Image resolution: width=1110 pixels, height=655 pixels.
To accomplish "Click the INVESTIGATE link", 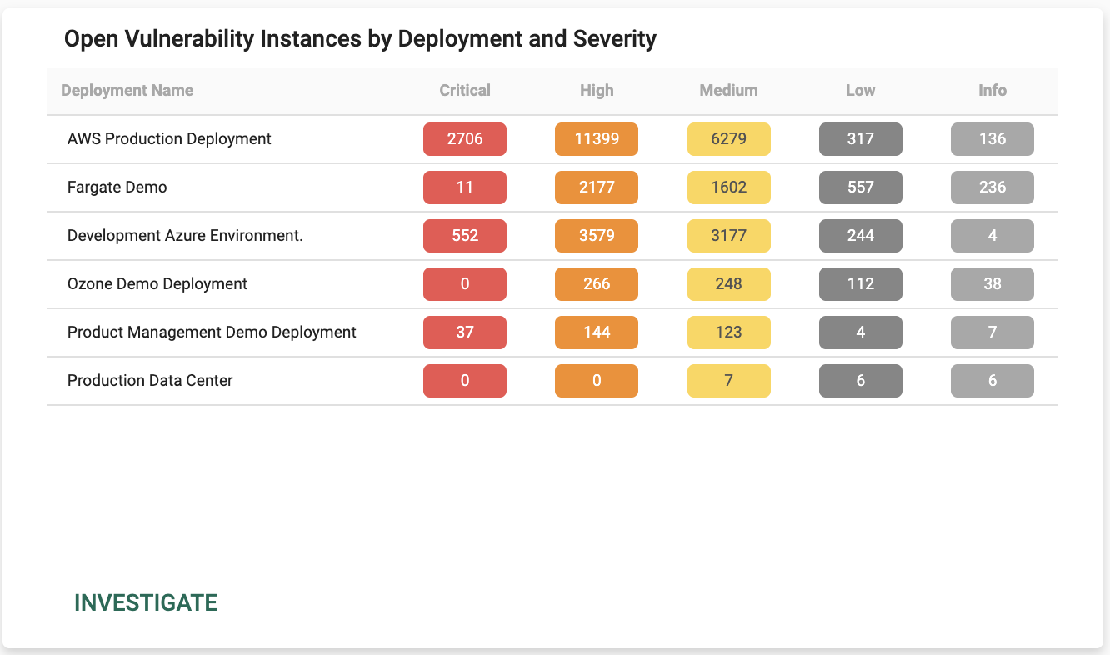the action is (146, 603).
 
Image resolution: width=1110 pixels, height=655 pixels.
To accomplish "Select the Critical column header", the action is (465, 91).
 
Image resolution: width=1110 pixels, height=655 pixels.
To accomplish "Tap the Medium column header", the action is (728, 91).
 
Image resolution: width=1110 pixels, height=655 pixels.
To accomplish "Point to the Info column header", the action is (992, 91).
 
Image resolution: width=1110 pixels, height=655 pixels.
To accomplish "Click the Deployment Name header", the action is (127, 91).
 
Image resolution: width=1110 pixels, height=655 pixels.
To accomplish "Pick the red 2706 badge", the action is (465, 139).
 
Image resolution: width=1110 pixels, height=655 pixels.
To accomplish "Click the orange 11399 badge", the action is (597, 139).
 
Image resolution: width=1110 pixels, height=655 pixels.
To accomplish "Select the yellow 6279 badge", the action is (729, 139).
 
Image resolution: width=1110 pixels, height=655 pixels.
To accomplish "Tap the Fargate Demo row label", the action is (117, 187).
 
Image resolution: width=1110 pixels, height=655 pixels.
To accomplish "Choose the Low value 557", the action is (861, 187).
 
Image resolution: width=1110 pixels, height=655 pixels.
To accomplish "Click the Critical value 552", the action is (465, 236).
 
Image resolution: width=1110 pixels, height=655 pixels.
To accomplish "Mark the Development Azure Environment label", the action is (185, 235).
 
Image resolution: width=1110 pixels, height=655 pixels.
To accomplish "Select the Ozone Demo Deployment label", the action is (157, 284).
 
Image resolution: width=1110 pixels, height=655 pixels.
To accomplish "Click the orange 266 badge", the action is (597, 284).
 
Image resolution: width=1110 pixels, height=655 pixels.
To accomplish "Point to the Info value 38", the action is (992, 284).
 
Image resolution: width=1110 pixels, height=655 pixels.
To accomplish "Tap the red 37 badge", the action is (465, 332).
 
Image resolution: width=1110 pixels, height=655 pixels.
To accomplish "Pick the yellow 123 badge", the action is (729, 332).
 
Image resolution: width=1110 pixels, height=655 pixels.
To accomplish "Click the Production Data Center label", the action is (150, 381).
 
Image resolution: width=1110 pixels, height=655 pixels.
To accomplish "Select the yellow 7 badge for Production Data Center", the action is (729, 381).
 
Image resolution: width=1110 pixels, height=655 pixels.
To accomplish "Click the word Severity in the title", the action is (615, 39).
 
